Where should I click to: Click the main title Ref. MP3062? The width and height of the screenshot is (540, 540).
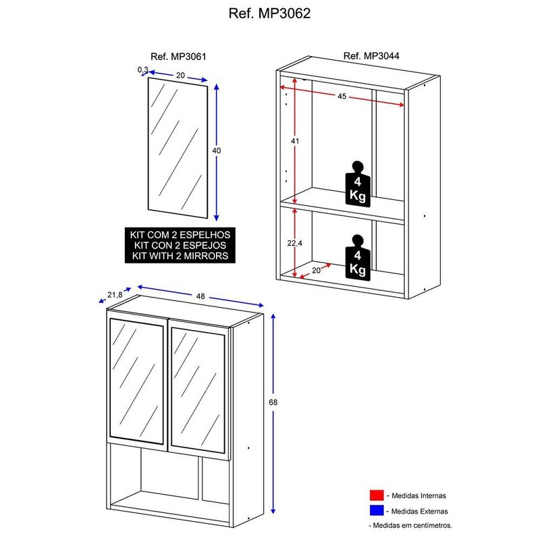pyautogui.click(x=270, y=13)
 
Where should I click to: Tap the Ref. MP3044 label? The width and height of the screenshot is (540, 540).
pyautogui.click(x=371, y=57)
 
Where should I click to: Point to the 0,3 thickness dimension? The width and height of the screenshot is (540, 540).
pyautogui.click(x=142, y=70)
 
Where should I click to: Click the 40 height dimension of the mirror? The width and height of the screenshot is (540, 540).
pyautogui.click(x=217, y=151)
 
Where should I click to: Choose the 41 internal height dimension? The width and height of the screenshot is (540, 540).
pyautogui.click(x=294, y=140)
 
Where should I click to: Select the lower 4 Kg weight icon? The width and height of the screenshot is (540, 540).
pyautogui.click(x=357, y=256)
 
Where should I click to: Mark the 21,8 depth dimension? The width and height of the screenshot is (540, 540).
pyautogui.click(x=115, y=294)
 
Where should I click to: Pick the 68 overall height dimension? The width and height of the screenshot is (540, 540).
pyautogui.click(x=273, y=402)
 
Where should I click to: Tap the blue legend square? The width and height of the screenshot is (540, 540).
pyautogui.click(x=376, y=511)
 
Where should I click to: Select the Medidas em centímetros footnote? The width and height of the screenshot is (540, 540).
pyautogui.click(x=410, y=524)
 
